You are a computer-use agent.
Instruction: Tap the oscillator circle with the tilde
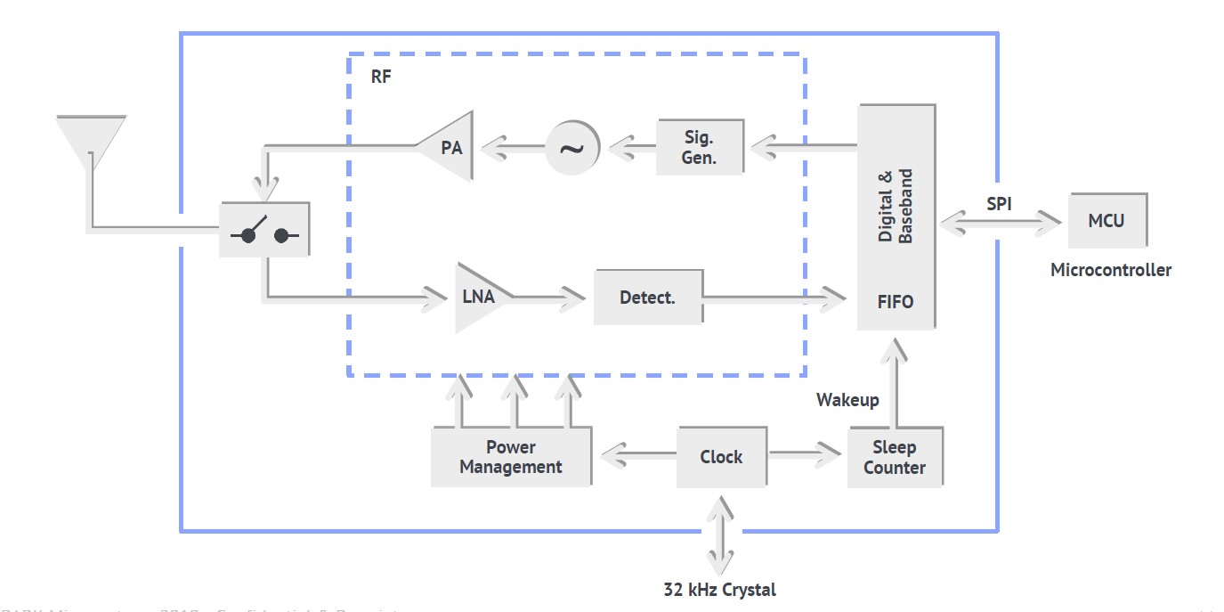click(x=572, y=148)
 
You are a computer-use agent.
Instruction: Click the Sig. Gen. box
click(x=700, y=148)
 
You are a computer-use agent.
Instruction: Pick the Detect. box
click(x=648, y=298)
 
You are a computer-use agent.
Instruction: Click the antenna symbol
click(x=90, y=139)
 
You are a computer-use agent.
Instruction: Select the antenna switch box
click(x=264, y=230)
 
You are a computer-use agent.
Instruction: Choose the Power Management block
click(x=511, y=457)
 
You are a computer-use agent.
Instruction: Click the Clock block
click(x=721, y=457)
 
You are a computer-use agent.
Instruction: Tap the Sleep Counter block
click(x=895, y=457)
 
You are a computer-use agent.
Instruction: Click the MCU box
click(x=1106, y=220)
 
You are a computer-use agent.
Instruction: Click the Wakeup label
click(x=847, y=400)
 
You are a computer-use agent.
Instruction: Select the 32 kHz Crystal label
click(x=719, y=590)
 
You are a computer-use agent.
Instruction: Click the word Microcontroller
click(x=1111, y=270)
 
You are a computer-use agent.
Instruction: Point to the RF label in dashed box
click(x=380, y=76)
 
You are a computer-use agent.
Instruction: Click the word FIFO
click(x=896, y=302)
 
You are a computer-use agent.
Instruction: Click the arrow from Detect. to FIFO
click(x=774, y=298)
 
